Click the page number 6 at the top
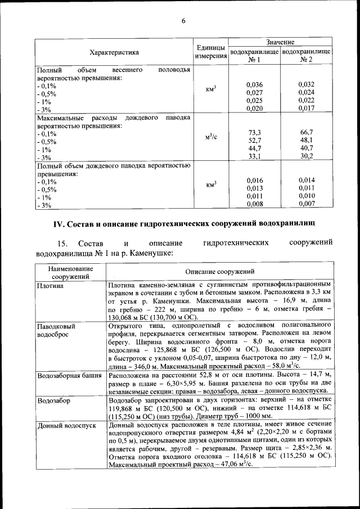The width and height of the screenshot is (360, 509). pos(183,21)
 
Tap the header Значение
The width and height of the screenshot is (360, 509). pos(280,42)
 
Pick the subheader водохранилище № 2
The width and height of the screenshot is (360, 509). pos(306,55)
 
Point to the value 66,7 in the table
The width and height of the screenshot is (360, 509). pos(306,132)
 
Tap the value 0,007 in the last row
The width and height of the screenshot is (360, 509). pos(306,204)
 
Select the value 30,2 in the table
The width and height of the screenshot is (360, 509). pos(306,156)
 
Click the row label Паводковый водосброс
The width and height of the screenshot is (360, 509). pos(56,330)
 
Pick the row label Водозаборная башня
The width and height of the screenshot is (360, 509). pos(69,375)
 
